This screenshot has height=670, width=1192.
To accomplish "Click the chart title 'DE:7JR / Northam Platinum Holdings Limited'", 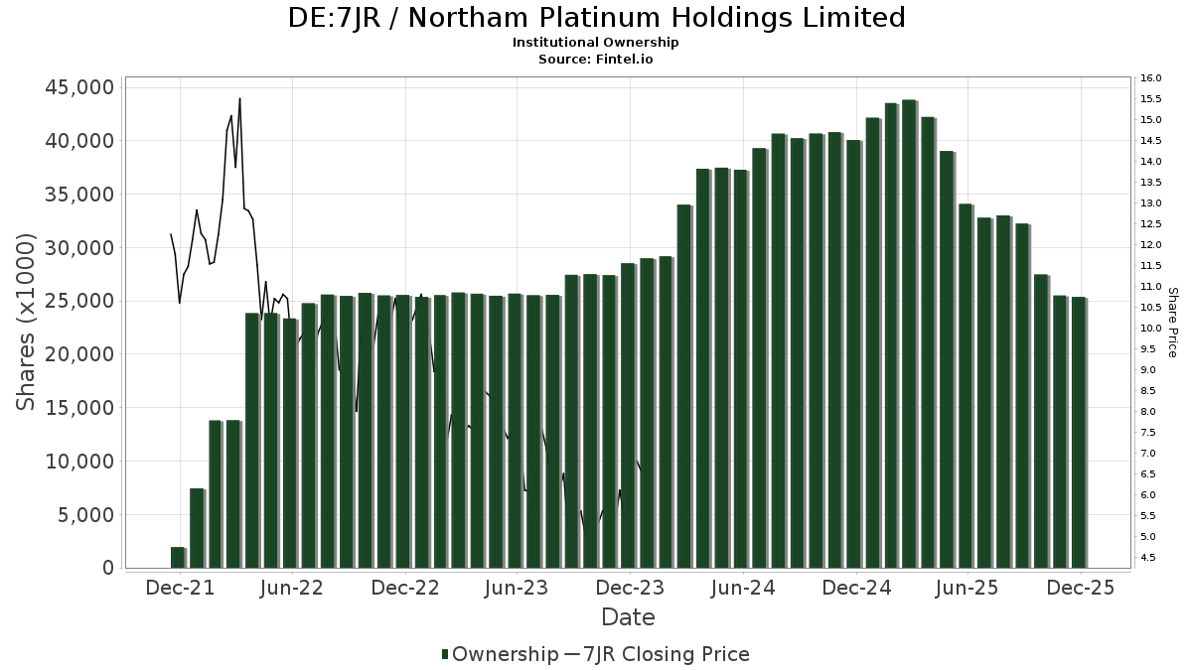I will [x=596, y=18].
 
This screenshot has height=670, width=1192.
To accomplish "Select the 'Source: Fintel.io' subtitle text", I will [x=596, y=59].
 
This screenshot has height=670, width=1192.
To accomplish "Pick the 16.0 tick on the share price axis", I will [x=1152, y=78].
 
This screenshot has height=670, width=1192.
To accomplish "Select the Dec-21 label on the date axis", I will [x=179, y=588].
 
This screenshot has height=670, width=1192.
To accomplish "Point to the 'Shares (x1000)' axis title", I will [x=27, y=322].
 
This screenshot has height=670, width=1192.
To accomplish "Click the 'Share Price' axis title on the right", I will [x=1172, y=322].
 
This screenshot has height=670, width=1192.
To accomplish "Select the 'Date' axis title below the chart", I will [x=628, y=617].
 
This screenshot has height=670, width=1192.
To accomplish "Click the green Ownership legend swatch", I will [x=445, y=654].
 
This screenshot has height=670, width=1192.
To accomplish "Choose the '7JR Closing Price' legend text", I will [x=665, y=654].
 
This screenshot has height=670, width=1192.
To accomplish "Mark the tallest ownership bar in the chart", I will [x=909, y=334].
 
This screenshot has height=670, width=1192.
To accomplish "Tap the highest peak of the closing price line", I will [x=239, y=99].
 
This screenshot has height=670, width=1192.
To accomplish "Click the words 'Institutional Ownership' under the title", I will [x=596, y=43].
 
